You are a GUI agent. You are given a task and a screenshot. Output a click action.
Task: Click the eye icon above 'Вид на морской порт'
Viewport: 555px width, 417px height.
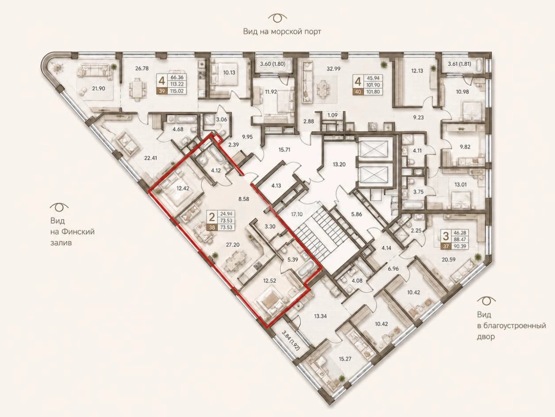(277, 18)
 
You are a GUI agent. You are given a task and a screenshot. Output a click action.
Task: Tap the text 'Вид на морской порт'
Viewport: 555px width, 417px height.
(282, 31)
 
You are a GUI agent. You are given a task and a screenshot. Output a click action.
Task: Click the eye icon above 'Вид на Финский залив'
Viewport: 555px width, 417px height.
(59, 207)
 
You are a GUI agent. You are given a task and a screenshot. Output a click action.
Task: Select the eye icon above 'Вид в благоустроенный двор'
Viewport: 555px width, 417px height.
(486, 301)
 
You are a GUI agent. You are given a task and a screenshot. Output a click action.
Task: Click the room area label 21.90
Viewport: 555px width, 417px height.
(98, 89)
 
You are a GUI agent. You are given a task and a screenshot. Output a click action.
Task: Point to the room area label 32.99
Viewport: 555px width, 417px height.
(334, 68)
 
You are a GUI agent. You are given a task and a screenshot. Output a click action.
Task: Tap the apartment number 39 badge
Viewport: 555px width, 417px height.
(162, 91)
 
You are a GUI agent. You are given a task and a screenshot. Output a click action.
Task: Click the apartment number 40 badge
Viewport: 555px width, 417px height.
(358, 92)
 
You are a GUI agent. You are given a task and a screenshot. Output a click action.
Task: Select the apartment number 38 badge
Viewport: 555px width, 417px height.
(212, 227)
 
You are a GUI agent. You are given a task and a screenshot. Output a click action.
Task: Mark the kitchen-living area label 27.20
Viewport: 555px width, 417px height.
(233, 245)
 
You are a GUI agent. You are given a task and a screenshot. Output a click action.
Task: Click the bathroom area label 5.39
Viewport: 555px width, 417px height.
(293, 260)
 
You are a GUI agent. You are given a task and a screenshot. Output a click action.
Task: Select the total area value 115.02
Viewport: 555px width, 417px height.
(177, 91)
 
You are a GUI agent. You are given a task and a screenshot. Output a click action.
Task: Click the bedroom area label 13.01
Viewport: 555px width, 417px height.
(460, 185)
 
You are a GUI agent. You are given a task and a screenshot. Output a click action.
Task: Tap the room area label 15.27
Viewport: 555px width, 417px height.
(345, 359)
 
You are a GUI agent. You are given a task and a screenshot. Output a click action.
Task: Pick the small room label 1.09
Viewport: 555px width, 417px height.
(332, 115)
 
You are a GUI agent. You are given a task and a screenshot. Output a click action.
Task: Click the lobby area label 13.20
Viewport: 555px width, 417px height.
(339, 164)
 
